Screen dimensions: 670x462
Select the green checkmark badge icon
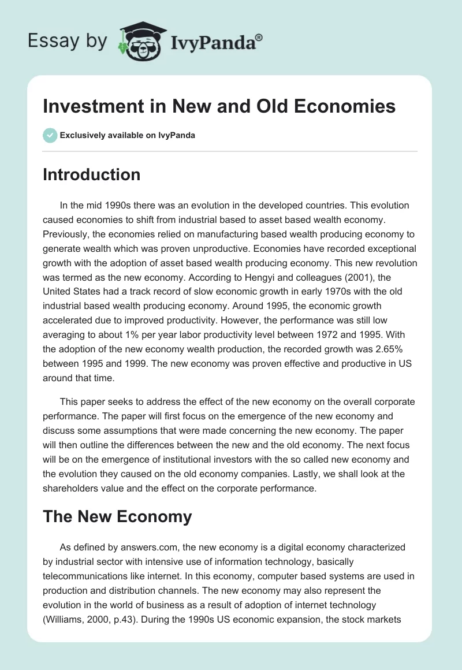[x=49, y=136]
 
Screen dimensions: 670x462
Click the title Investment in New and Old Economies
[x=219, y=106]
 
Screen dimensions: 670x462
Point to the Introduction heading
[x=91, y=174]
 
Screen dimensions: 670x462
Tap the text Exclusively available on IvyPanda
[x=128, y=136]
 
